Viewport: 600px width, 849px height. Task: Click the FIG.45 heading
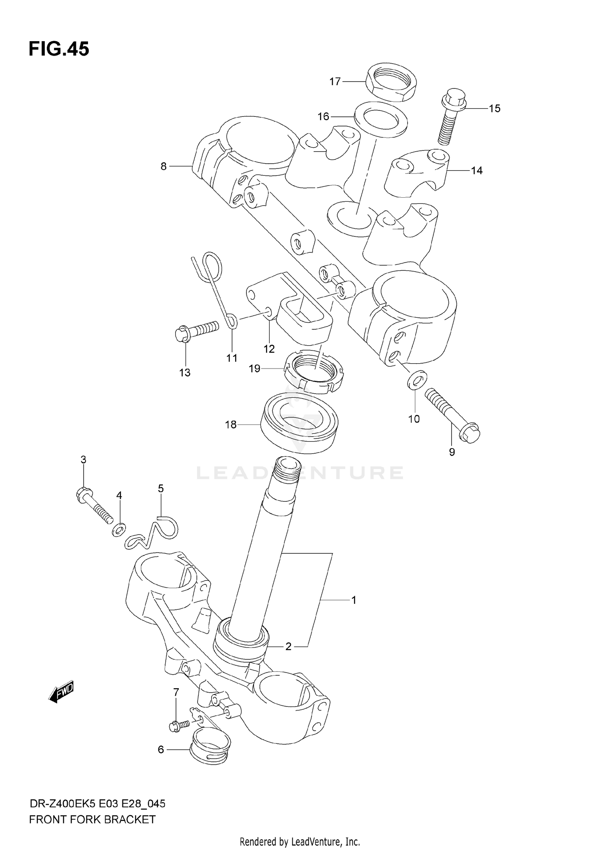[x=59, y=49]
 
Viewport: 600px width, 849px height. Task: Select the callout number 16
[x=323, y=116]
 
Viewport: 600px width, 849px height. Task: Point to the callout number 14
[x=476, y=171]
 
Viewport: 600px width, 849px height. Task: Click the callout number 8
[x=163, y=166]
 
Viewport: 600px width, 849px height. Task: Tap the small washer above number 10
[x=417, y=379]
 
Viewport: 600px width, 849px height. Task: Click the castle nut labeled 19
[x=314, y=372]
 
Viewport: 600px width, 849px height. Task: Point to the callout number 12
[x=269, y=349]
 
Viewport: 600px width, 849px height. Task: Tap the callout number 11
[x=232, y=358]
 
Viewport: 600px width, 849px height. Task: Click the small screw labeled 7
[x=179, y=725]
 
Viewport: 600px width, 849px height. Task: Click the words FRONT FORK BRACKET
[x=92, y=819]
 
